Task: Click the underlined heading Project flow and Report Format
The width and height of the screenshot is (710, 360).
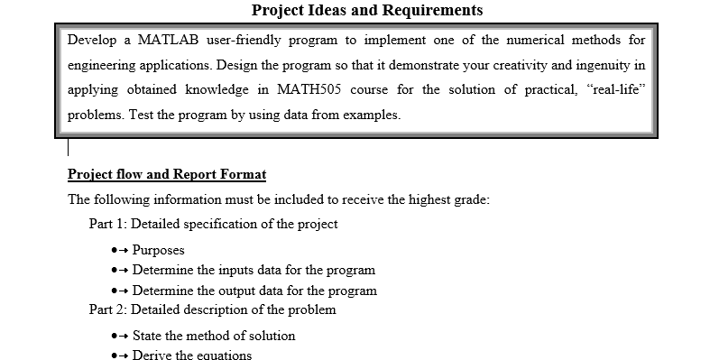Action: click(167, 174)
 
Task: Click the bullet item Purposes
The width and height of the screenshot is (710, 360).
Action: click(158, 250)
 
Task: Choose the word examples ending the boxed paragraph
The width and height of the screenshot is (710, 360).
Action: click(371, 115)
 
